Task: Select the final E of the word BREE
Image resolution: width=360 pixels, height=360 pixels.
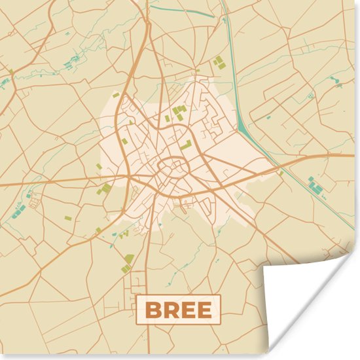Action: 204,310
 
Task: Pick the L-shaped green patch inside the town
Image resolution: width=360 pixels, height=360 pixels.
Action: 187,144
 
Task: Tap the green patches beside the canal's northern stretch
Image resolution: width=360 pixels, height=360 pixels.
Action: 218,62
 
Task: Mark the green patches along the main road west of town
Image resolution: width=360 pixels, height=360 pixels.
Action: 105,190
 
